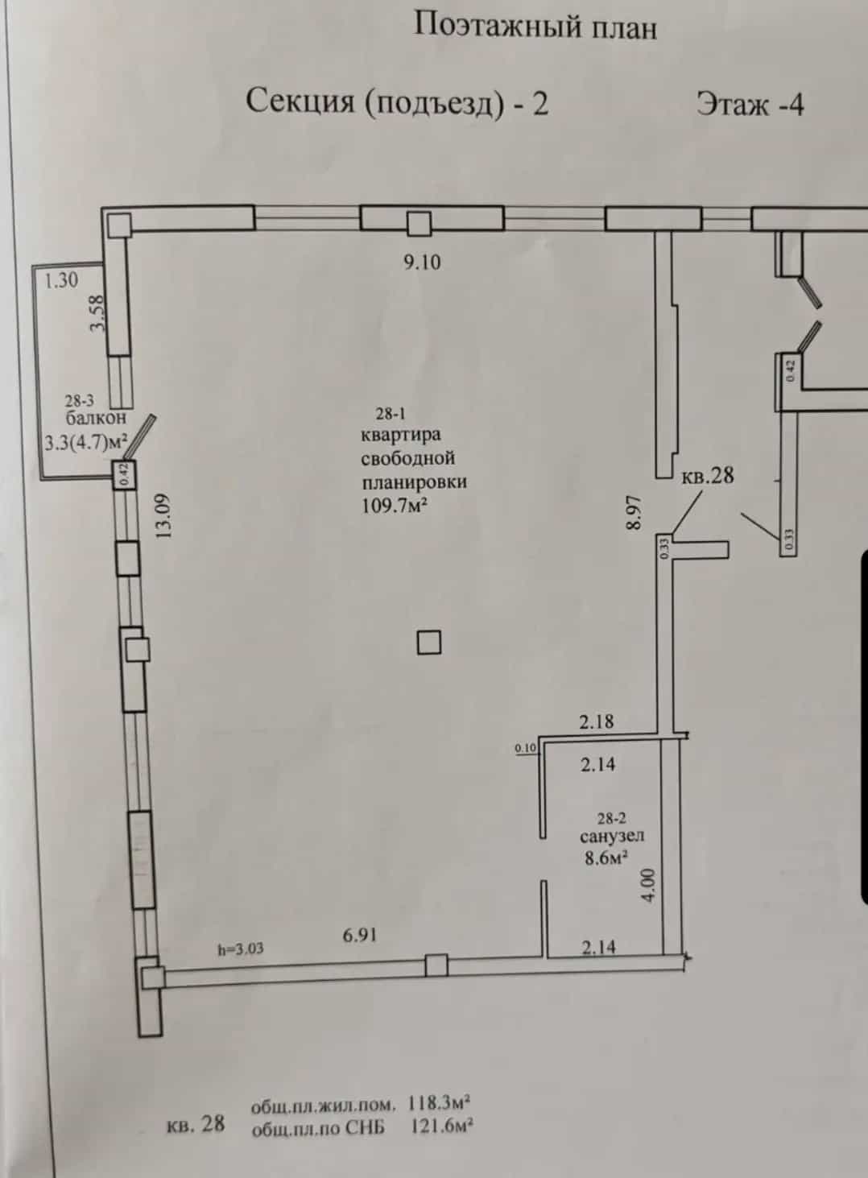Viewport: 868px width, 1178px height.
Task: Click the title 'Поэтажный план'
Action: click(535, 26)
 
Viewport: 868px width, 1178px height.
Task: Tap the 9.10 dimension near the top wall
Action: click(422, 262)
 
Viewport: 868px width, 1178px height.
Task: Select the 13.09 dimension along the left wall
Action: click(163, 515)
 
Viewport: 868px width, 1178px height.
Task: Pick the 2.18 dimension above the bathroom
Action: click(596, 721)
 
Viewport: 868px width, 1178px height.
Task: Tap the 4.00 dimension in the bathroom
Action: click(649, 885)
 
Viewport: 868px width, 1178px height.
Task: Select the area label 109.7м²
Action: click(394, 506)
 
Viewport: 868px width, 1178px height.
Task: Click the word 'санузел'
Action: click(612, 835)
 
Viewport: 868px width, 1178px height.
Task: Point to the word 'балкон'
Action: click(96, 418)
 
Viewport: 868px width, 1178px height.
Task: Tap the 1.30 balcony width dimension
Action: click(61, 279)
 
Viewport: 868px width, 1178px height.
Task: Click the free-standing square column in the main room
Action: click(429, 643)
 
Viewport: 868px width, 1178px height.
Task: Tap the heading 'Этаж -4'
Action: click(750, 104)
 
